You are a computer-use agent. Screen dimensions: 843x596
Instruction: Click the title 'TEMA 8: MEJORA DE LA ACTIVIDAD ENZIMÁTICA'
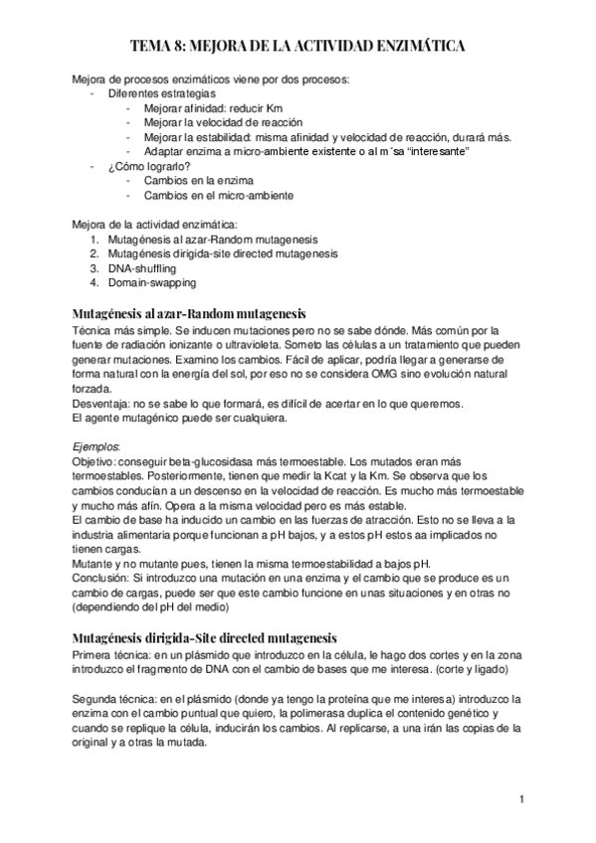(x=298, y=46)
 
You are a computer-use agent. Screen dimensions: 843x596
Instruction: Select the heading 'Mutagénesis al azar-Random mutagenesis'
(x=189, y=314)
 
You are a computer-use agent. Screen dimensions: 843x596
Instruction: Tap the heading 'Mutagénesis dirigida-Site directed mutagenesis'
(x=205, y=636)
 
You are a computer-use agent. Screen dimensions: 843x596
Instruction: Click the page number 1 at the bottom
(x=520, y=798)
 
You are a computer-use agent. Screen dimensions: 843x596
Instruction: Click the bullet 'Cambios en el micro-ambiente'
(x=219, y=196)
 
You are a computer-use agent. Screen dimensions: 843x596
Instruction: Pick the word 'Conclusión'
(x=101, y=578)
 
